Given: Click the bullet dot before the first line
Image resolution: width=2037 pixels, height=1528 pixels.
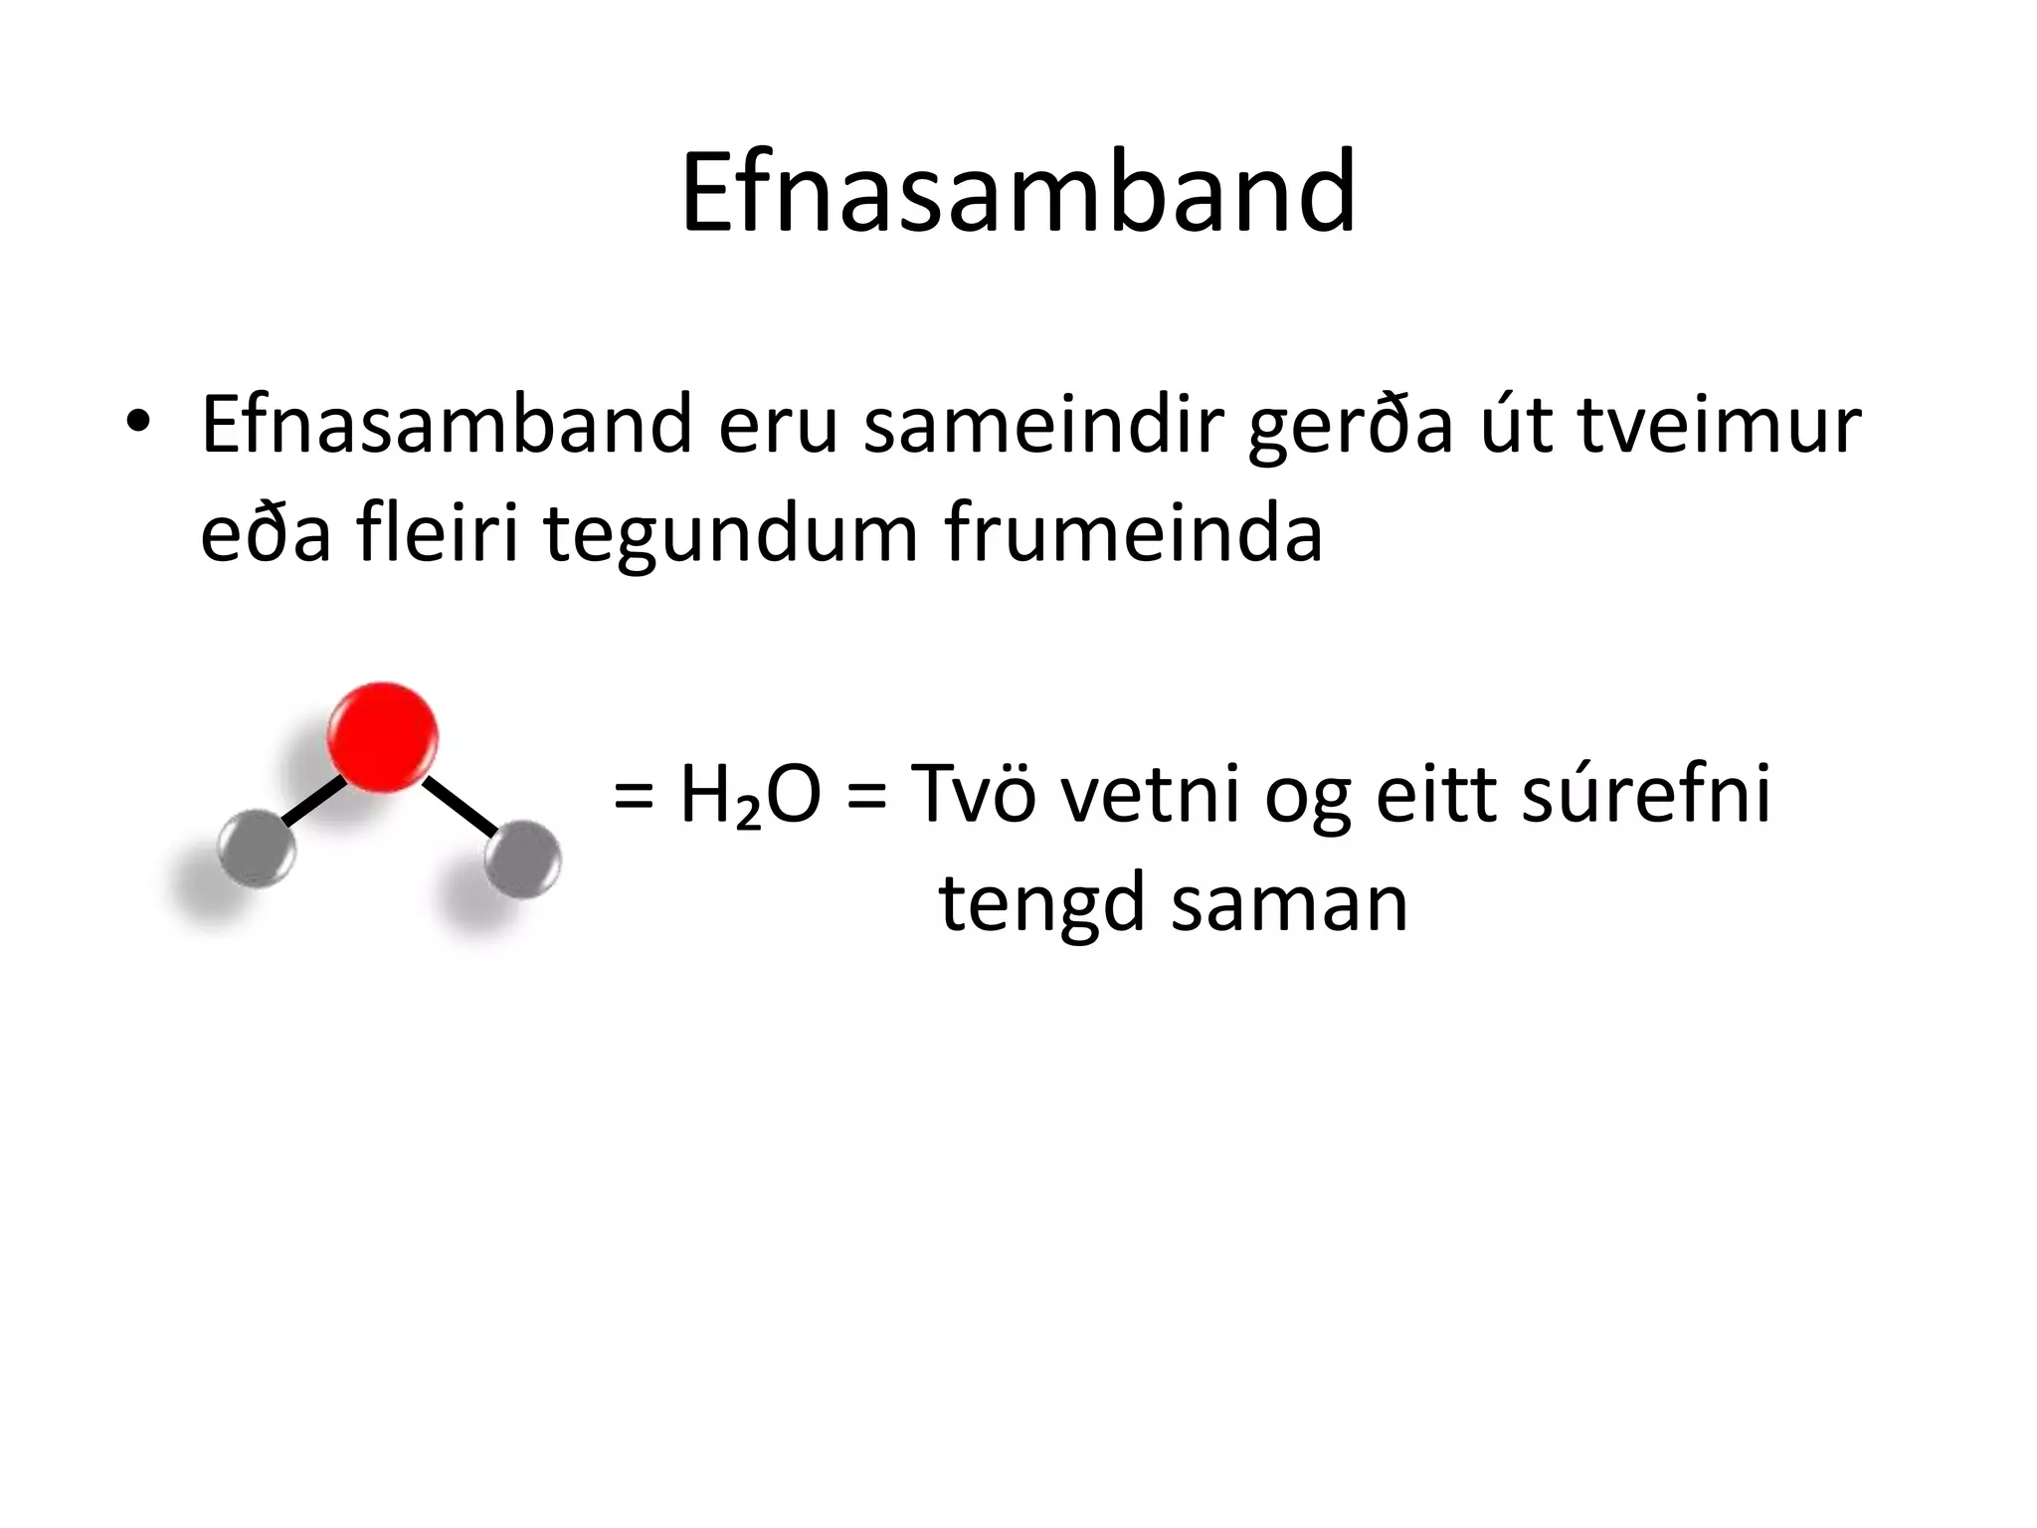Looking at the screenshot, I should pos(138,420).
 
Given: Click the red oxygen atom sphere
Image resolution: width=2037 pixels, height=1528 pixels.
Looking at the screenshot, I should pos(383,737).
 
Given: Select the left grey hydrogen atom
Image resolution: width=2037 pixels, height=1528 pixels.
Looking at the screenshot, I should pos(256,849).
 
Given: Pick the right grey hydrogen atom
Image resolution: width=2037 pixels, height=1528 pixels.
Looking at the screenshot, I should pos(522,857).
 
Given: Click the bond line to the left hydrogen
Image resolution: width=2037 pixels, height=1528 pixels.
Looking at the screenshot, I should pos(315,799).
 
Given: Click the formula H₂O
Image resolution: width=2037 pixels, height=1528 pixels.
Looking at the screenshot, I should pos(750,796).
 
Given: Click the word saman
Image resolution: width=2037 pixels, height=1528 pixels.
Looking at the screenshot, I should pos(1290,903).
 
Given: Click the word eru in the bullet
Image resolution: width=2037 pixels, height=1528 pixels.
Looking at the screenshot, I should pos(779,426).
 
